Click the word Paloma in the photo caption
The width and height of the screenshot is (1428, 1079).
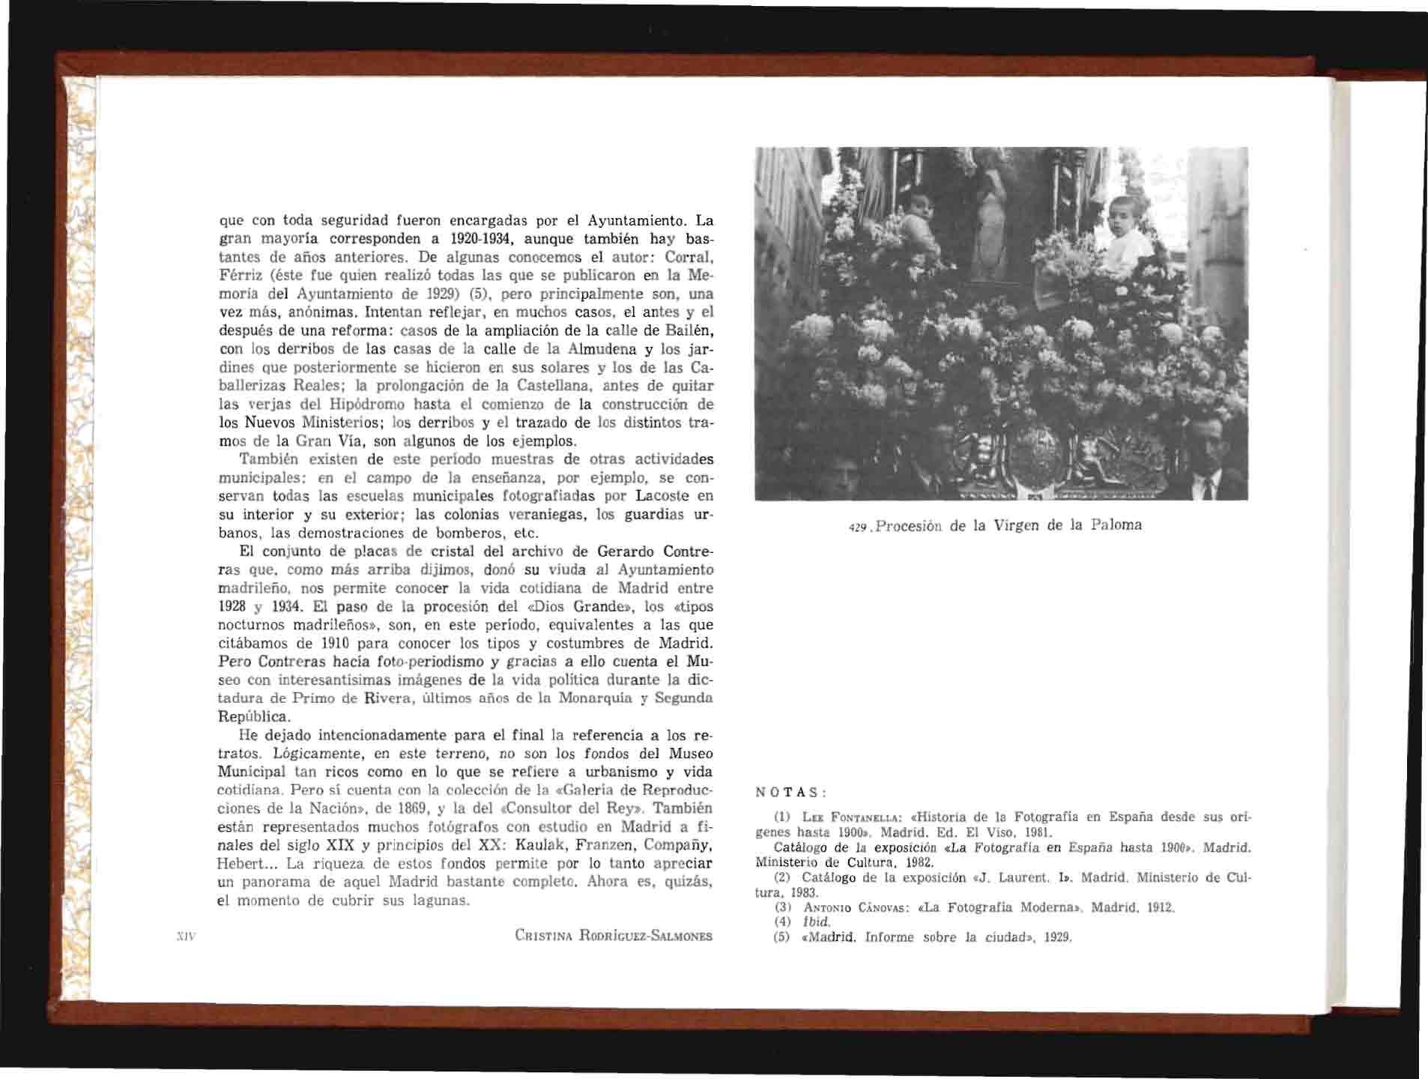click(1116, 525)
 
